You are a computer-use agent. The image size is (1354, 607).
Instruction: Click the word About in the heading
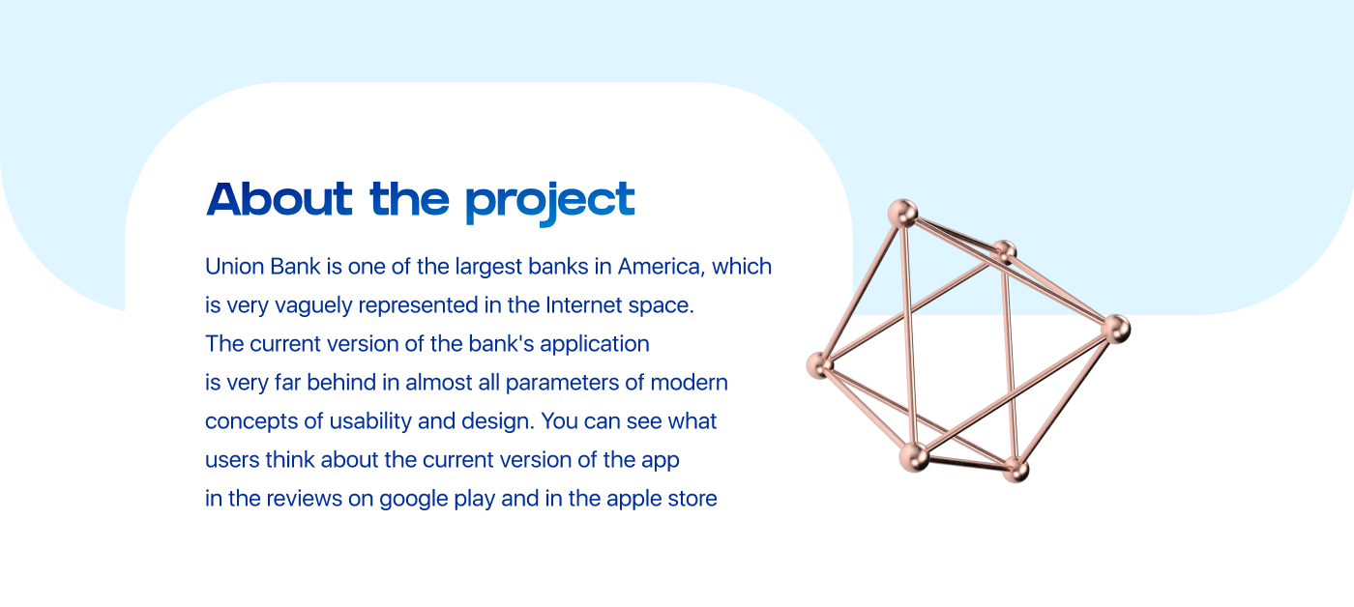coord(280,199)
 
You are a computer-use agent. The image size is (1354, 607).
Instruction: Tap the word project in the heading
coord(550,204)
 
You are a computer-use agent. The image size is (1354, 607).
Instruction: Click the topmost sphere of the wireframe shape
coord(903,214)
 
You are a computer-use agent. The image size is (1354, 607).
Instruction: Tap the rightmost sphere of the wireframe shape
coord(1115,330)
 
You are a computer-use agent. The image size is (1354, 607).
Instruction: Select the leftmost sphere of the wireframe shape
coord(820,365)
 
